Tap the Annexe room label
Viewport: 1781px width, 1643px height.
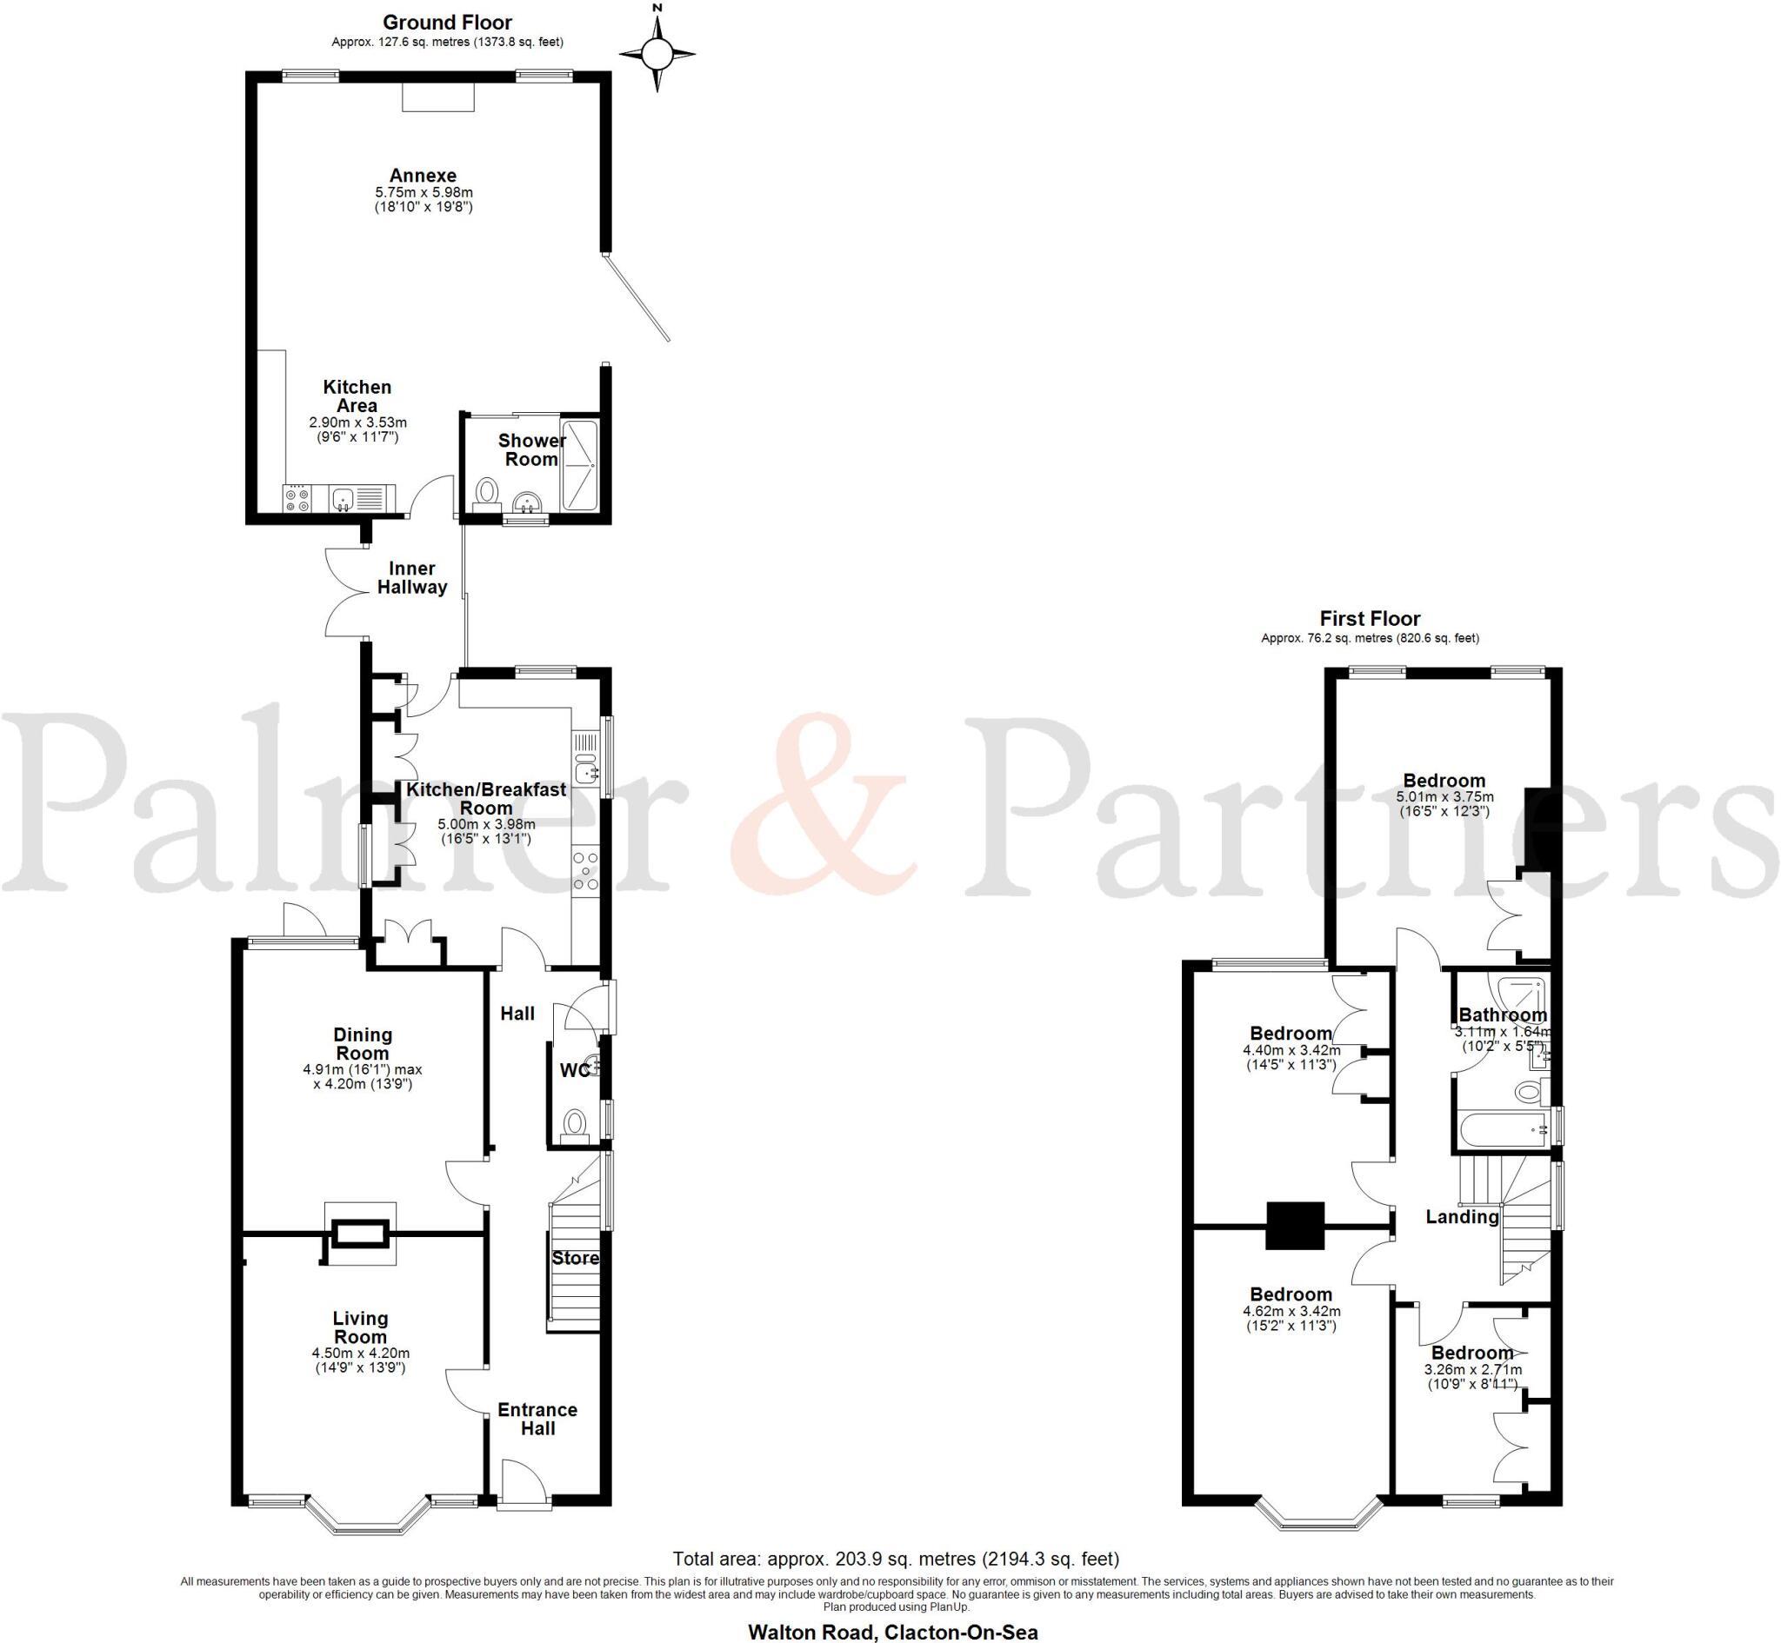tap(423, 175)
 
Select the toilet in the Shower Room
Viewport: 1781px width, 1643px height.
tap(487, 492)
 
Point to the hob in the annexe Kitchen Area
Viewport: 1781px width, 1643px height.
tap(297, 500)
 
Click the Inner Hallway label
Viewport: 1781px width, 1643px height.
tap(411, 578)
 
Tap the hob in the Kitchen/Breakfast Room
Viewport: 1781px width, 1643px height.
tap(585, 870)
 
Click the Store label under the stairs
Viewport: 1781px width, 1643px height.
tap(576, 1258)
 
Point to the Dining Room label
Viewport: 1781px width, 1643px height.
tap(363, 1044)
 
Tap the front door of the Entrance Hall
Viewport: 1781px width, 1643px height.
tap(524, 1480)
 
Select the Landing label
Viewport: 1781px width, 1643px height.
tap(1462, 1217)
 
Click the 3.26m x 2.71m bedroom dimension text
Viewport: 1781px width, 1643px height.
tap(1472, 1370)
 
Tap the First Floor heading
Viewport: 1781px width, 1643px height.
tap(1370, 619)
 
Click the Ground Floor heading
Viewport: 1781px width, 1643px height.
tap(447, 23)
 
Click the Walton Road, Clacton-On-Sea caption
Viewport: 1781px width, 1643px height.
tap(893, 1632)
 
